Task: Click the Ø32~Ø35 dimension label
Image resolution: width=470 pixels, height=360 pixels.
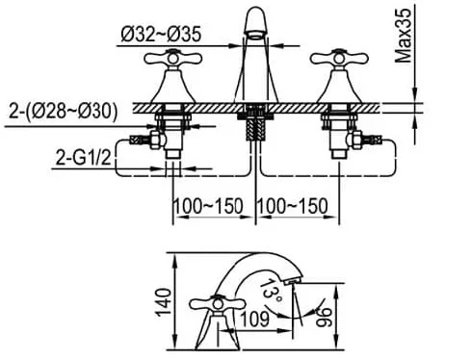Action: [161, 34]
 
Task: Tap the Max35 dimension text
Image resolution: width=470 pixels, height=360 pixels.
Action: [404, 36]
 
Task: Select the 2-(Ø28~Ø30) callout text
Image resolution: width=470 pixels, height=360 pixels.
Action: [63, 112]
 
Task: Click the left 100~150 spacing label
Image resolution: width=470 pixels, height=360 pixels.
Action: [208, 206]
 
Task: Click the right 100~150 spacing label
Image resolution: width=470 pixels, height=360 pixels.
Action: [293, 206]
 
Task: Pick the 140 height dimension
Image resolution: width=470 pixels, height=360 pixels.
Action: [164, 302]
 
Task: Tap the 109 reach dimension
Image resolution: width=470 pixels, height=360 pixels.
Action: [255, 320]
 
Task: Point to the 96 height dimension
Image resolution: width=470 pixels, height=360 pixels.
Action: [324, 318]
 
